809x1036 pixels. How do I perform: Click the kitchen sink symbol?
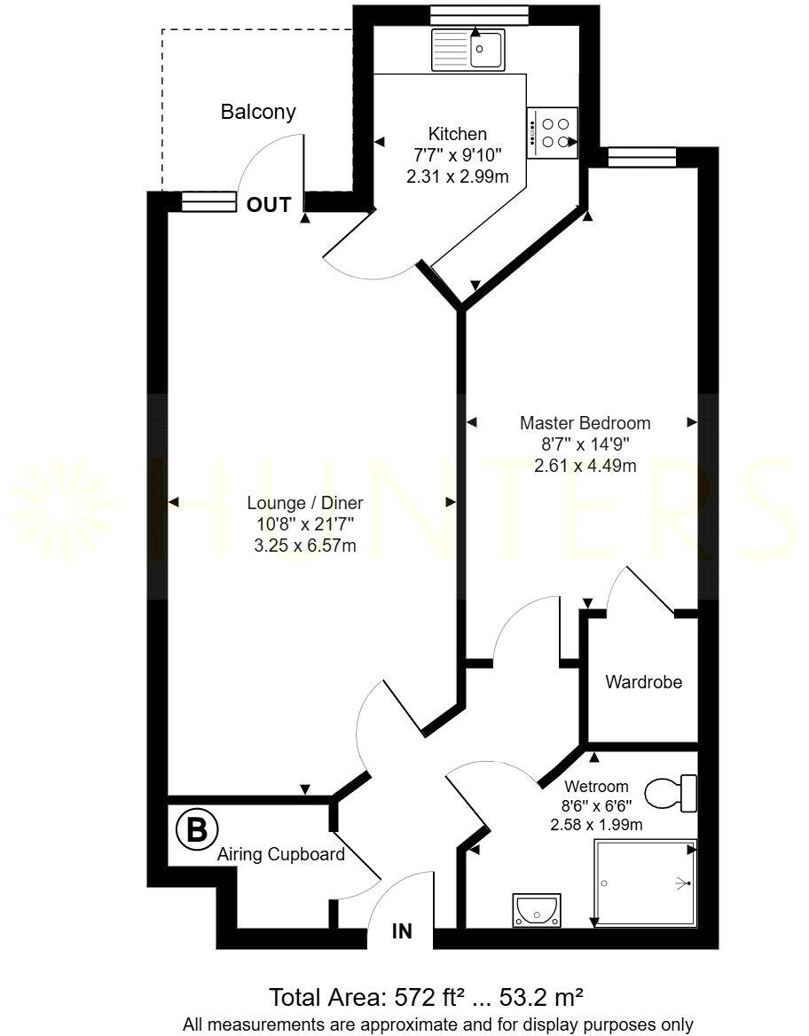click(x=468, y=50)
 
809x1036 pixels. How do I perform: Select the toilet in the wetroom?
click(x=672, y=793)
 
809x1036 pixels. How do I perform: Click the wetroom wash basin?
click(x=535, y=909)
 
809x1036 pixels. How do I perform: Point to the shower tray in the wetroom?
click(x=644, y=883)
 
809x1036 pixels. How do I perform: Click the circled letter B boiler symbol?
click(x=196, y=829)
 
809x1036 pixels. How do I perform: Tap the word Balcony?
click(x=258, y=113)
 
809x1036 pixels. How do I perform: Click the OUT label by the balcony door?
click(x=269, y=205)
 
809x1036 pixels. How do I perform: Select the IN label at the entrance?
click(x=403, y=931)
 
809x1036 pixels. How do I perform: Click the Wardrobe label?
click(x=643, y=683)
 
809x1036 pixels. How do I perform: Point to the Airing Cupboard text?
click(x=280, y=856)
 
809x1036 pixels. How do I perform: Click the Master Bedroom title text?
click(x=585, y=423)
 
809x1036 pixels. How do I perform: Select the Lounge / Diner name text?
click(x=305, y=503)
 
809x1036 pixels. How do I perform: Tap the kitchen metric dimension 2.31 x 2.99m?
click(x=458, y=177)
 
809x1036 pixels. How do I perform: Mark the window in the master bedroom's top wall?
click(x=642, y=158)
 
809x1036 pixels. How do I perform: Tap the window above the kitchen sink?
click(x=467, y=15)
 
